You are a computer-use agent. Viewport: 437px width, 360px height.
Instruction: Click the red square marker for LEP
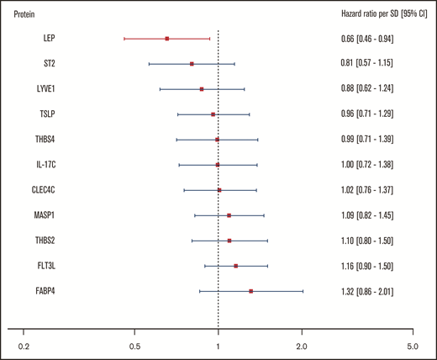coord(167,39)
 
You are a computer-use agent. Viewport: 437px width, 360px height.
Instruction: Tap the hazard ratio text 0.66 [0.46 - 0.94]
coord(362,39)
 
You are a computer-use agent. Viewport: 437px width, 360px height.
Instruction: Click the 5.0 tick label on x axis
coord(412,345)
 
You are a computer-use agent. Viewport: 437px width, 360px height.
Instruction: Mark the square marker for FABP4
coord(251,291)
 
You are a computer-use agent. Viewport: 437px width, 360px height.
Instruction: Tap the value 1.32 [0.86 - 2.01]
coord(362,291)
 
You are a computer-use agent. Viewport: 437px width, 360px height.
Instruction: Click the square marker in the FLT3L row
coord(235,266)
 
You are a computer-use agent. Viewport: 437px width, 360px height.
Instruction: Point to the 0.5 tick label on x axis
coord(134,345)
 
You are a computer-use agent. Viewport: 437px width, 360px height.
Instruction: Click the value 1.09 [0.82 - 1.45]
coord(362,215)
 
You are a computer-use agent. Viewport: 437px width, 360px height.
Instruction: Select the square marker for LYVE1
coord(202,89)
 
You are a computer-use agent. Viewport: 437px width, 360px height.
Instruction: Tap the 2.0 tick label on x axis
coord(302,345)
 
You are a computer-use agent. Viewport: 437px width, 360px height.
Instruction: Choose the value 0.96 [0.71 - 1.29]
coord(362,114)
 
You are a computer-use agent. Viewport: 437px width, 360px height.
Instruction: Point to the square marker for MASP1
coord(229,215)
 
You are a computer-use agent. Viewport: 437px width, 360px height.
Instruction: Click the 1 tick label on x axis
coord(218,345)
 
